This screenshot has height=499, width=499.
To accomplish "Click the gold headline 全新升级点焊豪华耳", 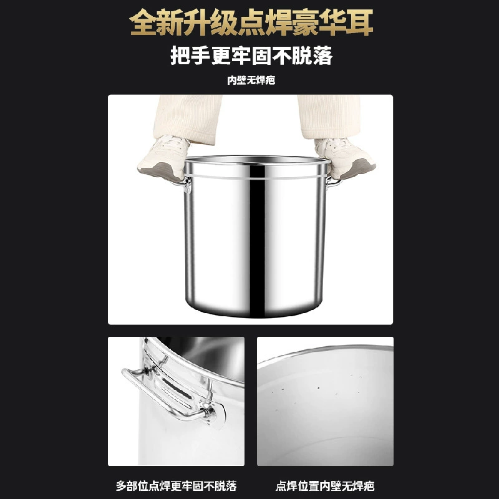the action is tap(251, 22).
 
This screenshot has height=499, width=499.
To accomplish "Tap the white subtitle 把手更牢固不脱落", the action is tap(251, 56).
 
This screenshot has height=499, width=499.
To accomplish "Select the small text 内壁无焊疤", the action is tap(251, 80).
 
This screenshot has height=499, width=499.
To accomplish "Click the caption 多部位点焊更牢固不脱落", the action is tap(176, 486).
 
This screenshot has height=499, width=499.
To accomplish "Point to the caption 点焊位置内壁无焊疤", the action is tap(325, 486).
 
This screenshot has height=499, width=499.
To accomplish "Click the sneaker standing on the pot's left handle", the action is tap(163, 158).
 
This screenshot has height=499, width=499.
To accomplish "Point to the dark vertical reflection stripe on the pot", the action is tap(257, 242).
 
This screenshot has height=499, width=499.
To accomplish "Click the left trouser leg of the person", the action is tap(188, 118).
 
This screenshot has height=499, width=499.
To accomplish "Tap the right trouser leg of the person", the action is tap(330, 116).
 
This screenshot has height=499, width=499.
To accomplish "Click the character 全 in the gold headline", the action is tap(143, 22).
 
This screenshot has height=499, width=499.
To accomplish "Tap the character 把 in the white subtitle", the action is tap(180, 56).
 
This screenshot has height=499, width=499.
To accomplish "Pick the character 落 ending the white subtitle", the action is tap(322, 56).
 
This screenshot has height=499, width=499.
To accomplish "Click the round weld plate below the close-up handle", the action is tap(217, 415).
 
